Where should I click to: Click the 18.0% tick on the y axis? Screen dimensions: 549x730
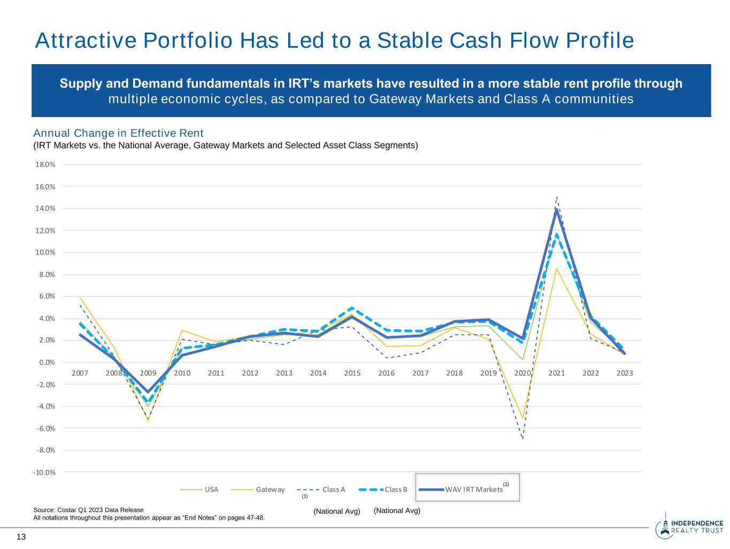pos(45,165)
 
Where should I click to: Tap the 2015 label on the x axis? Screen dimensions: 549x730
pos(352,373)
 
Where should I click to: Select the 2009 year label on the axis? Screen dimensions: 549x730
pos(148,373)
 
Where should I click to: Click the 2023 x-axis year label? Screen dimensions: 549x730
pos(624,373)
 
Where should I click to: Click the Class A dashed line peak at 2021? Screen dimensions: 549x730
pos(557,197)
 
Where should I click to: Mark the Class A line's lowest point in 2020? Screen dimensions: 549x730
pos(522,439)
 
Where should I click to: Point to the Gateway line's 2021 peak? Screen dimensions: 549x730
pos(557,268)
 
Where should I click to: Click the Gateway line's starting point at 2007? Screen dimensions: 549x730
pos(80,298)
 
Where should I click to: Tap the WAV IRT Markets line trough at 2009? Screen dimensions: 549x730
pos(148,392)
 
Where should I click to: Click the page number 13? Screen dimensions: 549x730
pos(21,537)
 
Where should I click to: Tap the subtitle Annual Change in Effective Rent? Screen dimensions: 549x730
pos(118,133)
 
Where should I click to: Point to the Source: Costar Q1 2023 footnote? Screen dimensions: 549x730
pos(88,510)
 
